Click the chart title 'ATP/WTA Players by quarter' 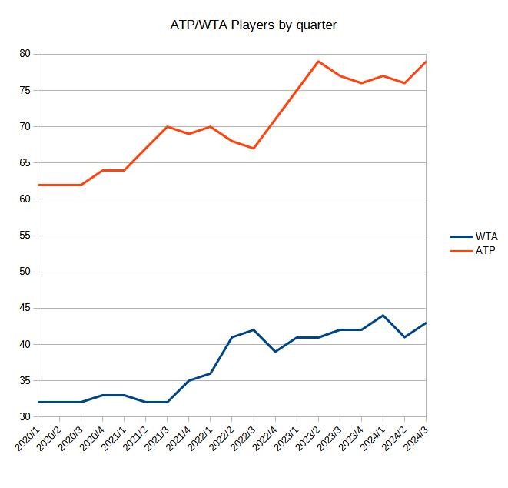[254, 25]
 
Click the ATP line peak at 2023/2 [318, 62]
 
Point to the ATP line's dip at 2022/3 [254, 149]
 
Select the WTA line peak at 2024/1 [383, 316]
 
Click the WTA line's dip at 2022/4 [275, 352]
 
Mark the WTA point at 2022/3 [254, 330]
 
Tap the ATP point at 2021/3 [168, 127]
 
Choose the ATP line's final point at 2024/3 [426, 62]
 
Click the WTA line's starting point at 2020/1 [38, 403]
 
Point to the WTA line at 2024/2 [404, 337]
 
